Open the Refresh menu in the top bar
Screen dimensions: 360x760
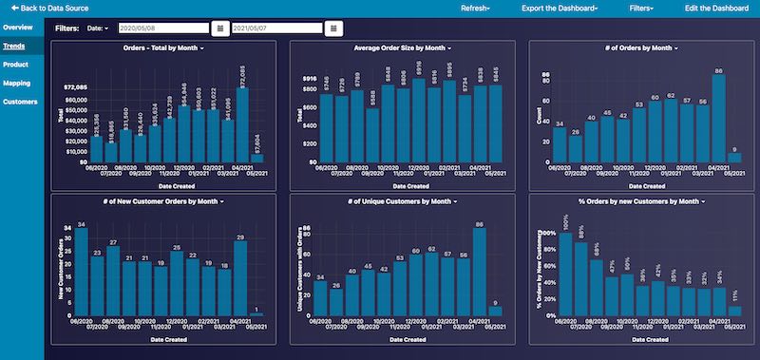475,7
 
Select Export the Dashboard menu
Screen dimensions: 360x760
560,7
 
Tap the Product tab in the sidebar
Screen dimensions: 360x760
15,64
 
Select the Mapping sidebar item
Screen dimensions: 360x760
16,83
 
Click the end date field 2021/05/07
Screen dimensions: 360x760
276,28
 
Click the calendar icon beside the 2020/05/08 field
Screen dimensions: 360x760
220,28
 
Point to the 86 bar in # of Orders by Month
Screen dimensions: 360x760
718,119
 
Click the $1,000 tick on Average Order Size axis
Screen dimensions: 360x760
309,78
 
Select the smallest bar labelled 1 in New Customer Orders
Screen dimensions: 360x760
256,313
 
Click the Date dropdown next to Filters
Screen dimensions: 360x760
99,28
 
